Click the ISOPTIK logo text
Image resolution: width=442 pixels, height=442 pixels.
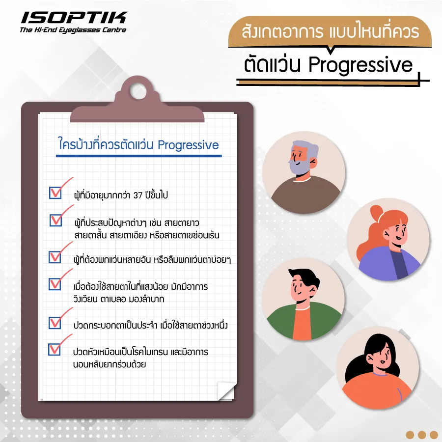point(73,18)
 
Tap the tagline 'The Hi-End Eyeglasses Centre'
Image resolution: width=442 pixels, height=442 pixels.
point(73,30)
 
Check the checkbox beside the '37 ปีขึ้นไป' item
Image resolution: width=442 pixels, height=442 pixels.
point(55,193)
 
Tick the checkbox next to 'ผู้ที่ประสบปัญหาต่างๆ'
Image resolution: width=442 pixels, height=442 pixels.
point(55,220)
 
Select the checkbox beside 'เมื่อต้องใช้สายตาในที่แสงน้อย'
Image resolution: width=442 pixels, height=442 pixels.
point(55,284)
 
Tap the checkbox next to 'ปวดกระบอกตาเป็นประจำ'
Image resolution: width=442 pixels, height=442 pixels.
point(55,323)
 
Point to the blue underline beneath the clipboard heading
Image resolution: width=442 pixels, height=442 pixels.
point(138,156)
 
